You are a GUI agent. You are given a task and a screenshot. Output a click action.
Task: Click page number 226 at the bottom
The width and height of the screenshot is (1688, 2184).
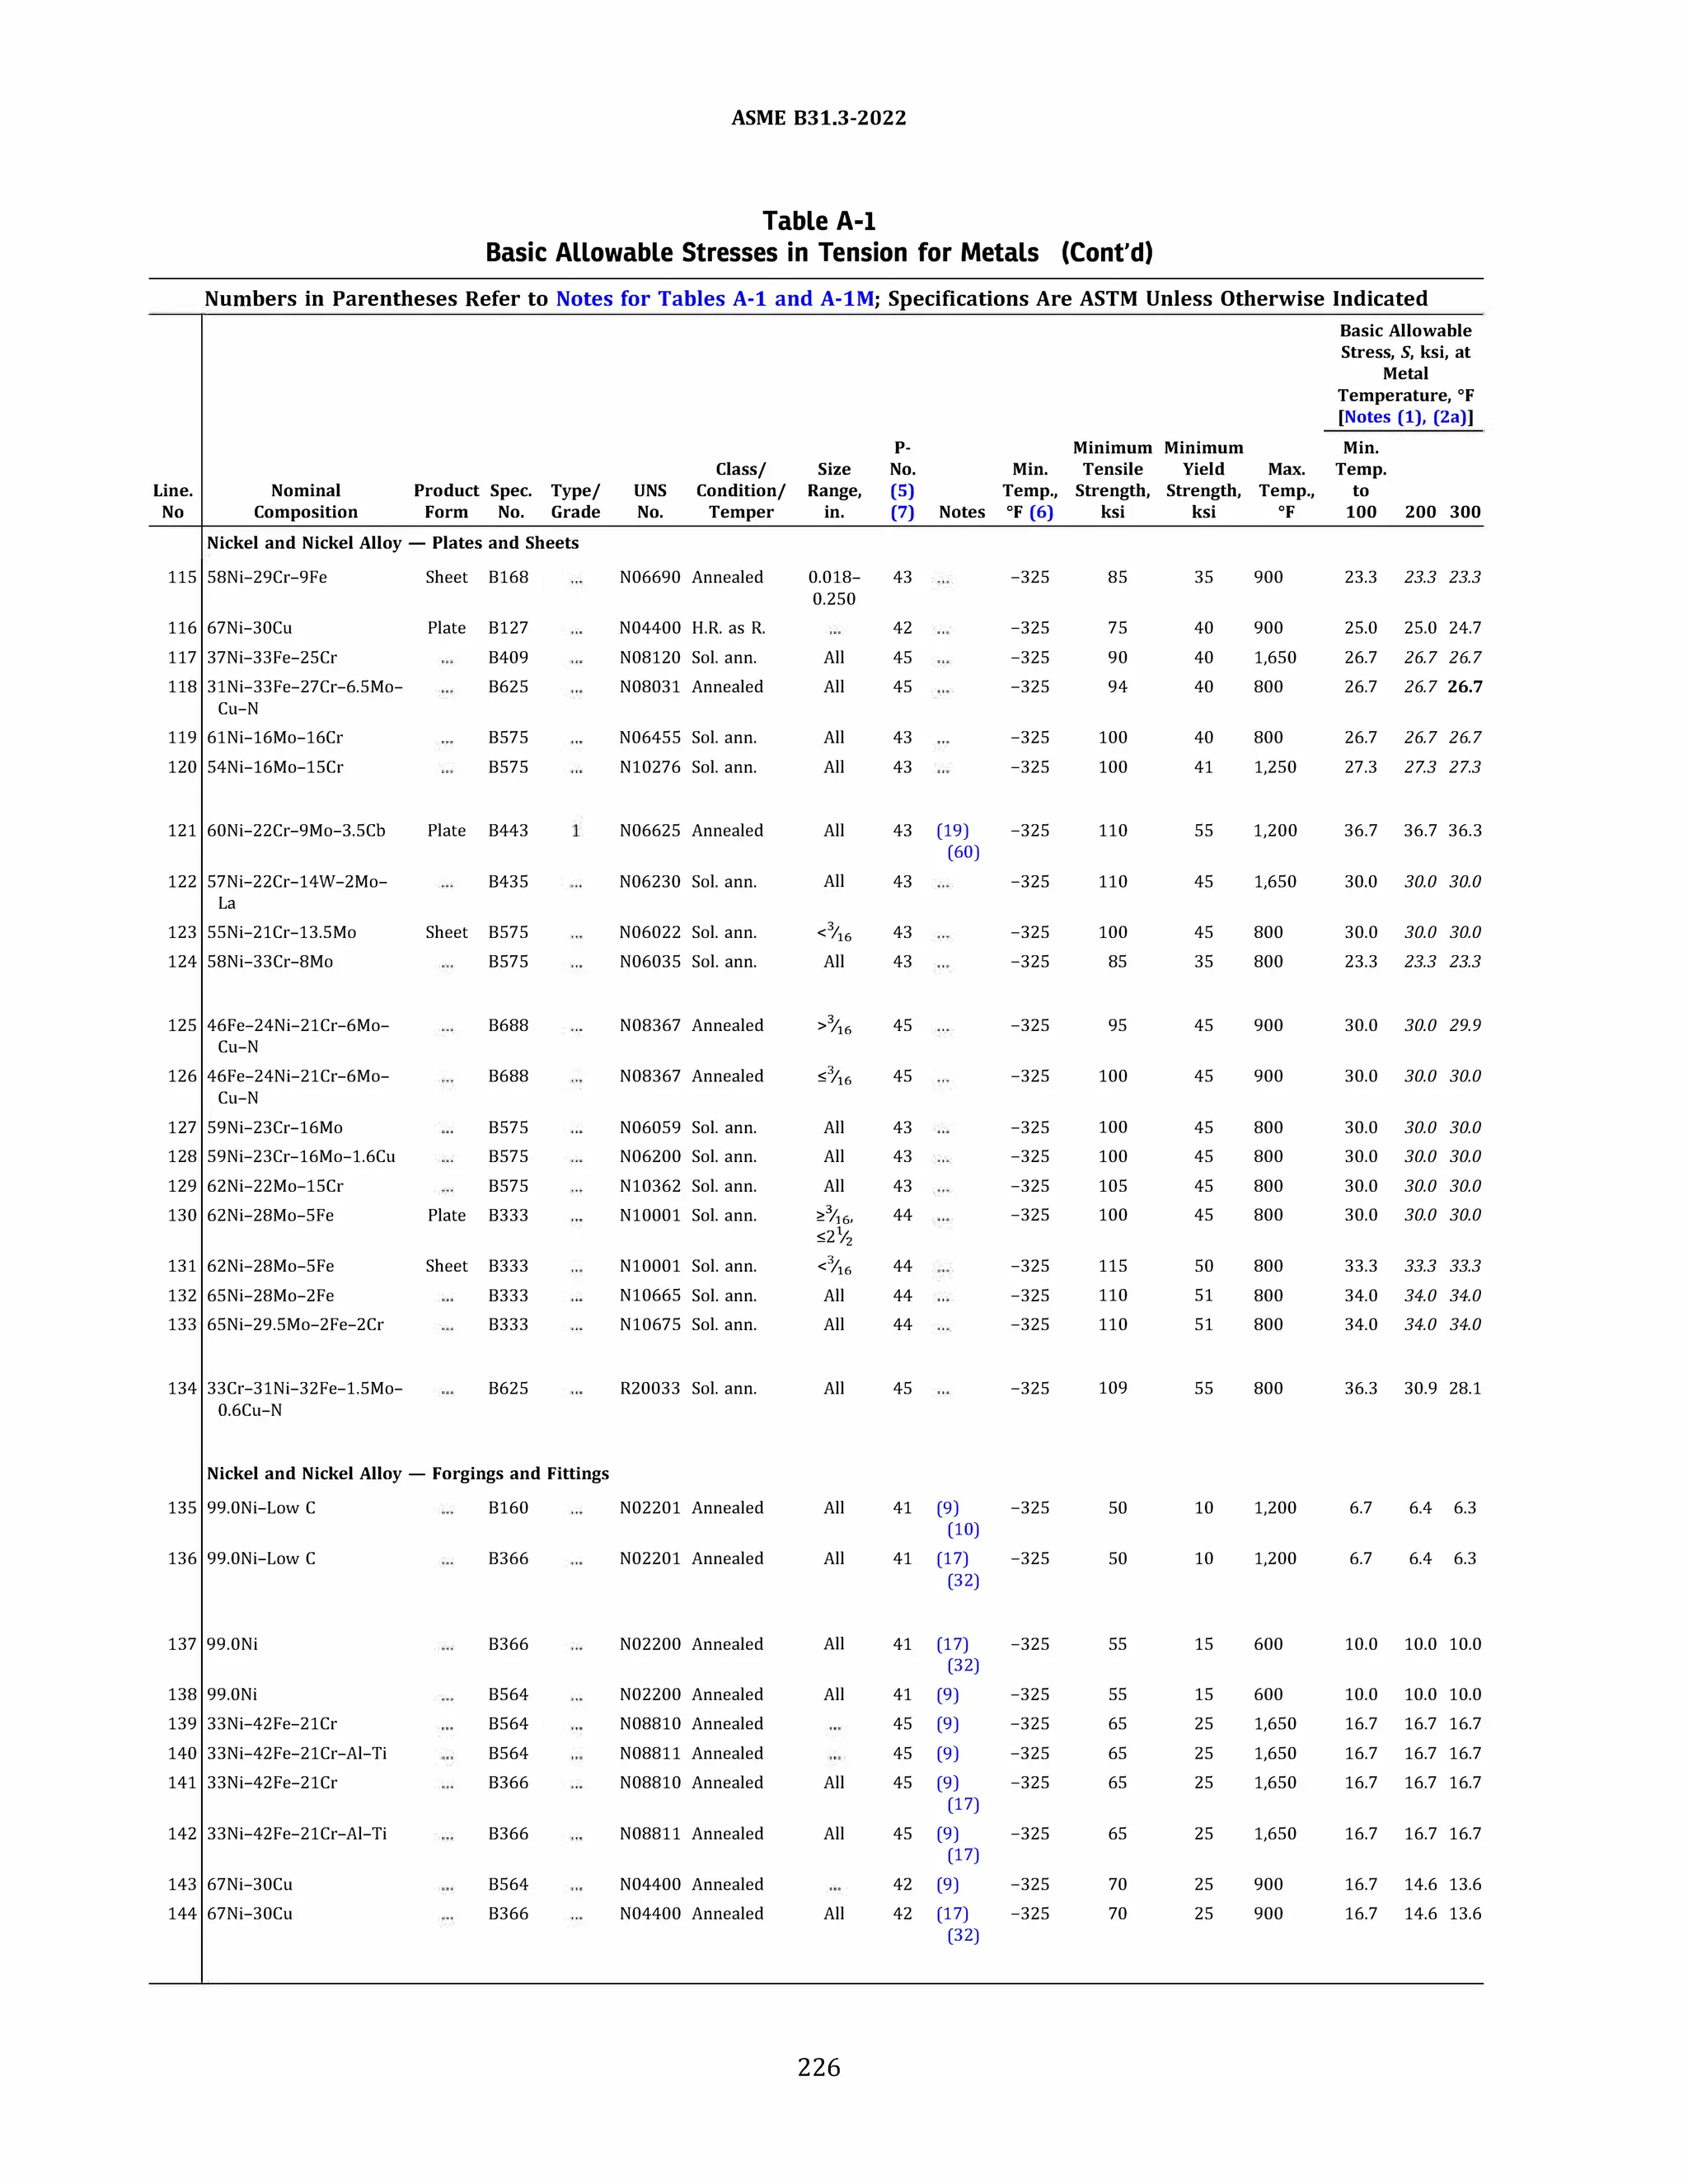click(x=818, y=2067)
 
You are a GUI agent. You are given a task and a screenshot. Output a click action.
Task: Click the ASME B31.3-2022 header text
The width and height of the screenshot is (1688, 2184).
click(x=818, y=118)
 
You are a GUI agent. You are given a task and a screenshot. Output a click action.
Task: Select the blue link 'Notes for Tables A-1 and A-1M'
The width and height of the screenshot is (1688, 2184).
click(x=714, y=298)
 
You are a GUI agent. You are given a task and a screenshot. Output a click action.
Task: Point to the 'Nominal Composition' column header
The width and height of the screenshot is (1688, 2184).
click(x=305, y=501)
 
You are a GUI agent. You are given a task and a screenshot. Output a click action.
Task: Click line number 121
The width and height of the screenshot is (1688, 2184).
click(x=182, y=830)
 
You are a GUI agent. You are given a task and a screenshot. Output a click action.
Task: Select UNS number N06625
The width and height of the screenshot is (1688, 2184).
click(x=649, y=830)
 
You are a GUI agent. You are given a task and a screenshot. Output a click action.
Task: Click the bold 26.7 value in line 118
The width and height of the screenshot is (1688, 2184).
click(x=1465, y=687)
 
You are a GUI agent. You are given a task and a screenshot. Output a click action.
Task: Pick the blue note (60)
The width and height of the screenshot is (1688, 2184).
click(x=963, y=852)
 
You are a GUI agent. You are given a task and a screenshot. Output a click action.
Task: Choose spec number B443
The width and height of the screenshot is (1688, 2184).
click(x=508, y=830)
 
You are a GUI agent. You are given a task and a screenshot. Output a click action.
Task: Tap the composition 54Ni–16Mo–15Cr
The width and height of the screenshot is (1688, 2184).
click(x=275, y=767)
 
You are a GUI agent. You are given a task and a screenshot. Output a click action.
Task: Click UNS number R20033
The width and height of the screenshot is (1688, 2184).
click(x=649, y=1388)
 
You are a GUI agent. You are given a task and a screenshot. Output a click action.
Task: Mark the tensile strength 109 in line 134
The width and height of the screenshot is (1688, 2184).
click(x=1112, y=1388)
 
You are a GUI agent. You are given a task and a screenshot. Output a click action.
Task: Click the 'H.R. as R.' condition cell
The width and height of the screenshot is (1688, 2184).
click(x=728, y=628)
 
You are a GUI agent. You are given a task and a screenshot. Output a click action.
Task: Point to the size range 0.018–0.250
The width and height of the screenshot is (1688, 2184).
click(x=834, y=588)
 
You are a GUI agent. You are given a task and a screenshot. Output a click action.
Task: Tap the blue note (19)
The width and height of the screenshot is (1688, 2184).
click(x=952, y=830)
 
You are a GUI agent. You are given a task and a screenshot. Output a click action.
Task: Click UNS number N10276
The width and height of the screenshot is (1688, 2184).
click(x=649, y=767)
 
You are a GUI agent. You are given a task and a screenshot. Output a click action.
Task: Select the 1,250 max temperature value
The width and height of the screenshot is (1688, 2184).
click(x=1274, y=767)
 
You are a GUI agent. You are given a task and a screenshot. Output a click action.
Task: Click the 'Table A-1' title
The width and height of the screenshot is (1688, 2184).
click(x=818, y=221)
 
